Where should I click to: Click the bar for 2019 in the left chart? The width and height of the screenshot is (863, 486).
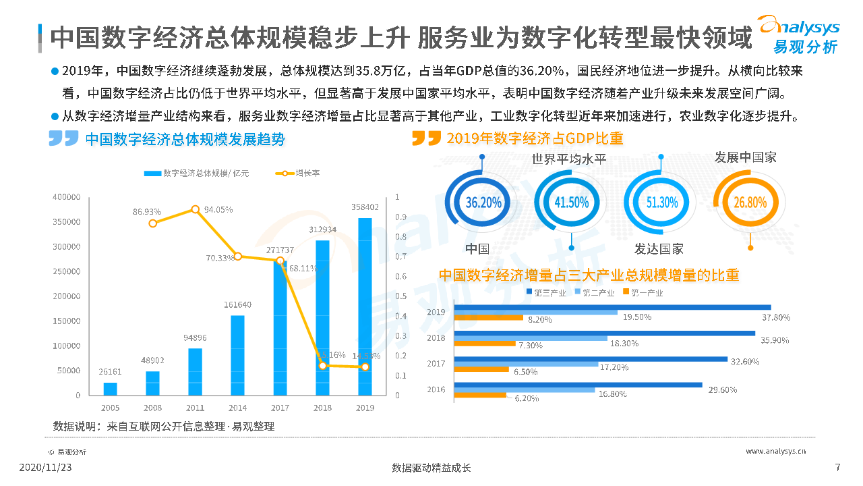[x=365, y=306]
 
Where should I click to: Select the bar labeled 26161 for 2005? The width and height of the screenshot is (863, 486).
[x=110, y=389]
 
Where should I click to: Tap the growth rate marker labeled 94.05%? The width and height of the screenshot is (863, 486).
[x=196, y=209]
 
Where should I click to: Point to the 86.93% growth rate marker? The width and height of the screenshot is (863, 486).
[x=153, y=223]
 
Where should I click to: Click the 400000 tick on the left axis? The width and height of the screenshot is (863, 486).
[x=67, y=197]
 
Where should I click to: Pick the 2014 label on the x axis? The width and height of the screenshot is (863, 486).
[x=237, y=408]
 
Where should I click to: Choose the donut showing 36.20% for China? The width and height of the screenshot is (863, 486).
[x=483, y=202]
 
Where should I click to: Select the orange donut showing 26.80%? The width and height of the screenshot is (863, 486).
[x=746, y=202]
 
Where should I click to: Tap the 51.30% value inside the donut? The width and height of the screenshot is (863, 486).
[x=661, y=202]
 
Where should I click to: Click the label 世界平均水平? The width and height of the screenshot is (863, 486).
[x=569, y=159]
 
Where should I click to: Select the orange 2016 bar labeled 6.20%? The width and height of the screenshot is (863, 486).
[x=480, y=395]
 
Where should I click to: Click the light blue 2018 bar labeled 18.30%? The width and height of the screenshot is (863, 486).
[x=531, y=338]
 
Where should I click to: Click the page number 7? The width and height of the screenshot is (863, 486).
[x=837, y=468]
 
